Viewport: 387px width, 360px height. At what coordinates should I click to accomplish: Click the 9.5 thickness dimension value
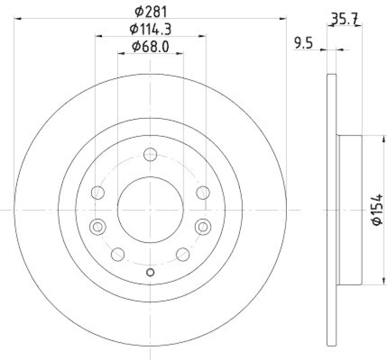tap(304, 43)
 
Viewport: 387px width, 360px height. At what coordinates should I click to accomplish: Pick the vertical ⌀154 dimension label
tap(378, 209)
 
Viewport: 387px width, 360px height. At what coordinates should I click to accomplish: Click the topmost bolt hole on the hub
tap(150, 155)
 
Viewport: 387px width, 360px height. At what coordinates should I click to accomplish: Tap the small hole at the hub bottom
tap(150, 272)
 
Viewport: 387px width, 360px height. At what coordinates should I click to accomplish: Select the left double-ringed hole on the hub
tap(98, 226)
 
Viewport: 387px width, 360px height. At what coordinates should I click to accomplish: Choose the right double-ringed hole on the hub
tap(203, 226)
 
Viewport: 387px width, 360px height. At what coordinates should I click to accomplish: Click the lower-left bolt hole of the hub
tap(118, 254)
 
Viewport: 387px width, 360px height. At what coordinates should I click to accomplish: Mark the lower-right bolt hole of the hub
tap(183, 254)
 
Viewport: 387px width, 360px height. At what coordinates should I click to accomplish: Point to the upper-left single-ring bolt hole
tap(98, 192)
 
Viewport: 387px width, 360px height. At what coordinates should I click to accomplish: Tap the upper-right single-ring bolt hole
tap(203, 192)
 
